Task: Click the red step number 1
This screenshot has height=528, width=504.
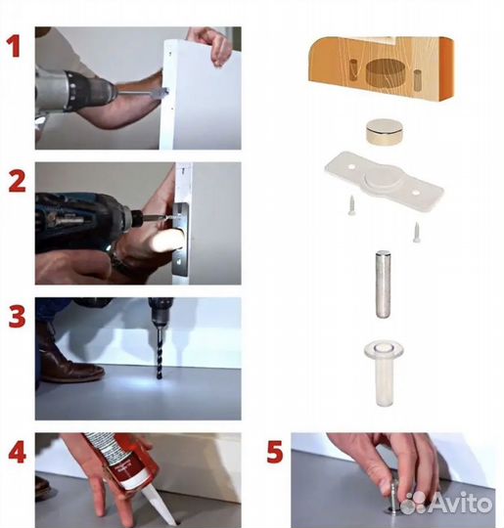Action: tap(15, 46)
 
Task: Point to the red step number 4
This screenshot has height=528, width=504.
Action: tap(17, 453)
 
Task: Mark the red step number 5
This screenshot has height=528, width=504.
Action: tap(275, 452)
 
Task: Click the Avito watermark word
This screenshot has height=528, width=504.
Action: tap(461, 503)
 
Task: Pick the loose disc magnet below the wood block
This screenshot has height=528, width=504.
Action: tap(385, 132)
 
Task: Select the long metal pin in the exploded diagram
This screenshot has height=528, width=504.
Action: tap(383, 285)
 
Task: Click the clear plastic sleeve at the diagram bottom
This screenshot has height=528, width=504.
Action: tap(384, 373)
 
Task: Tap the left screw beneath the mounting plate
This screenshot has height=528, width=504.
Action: tap(351, 204)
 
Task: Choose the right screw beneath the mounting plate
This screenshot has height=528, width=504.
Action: tap(417, 232)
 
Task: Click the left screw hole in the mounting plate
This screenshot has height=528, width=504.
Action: tap(351, 166)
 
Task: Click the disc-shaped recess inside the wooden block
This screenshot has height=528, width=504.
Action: tap(385, 72)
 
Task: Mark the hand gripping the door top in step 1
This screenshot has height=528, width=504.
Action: tap(211, 44)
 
